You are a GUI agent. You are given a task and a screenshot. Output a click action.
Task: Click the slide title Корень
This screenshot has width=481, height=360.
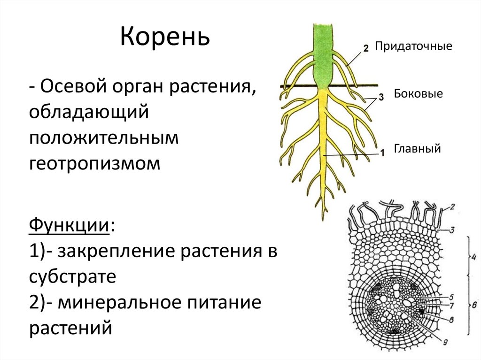[x=165, y=38]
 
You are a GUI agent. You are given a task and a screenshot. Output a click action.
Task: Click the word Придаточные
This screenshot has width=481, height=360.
[x=413, y=46]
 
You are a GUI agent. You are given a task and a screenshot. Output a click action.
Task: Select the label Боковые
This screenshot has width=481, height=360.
[x=419, y=93]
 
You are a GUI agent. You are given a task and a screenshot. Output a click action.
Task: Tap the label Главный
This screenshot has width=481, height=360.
[x=417, y=149]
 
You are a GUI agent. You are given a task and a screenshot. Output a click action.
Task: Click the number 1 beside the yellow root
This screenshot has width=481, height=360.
[x=382, y=152]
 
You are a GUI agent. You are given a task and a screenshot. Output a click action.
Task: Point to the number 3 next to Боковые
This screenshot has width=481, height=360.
[x=381, y=97]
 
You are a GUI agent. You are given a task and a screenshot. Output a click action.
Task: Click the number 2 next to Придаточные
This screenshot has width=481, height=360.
[x=366, y=47]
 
